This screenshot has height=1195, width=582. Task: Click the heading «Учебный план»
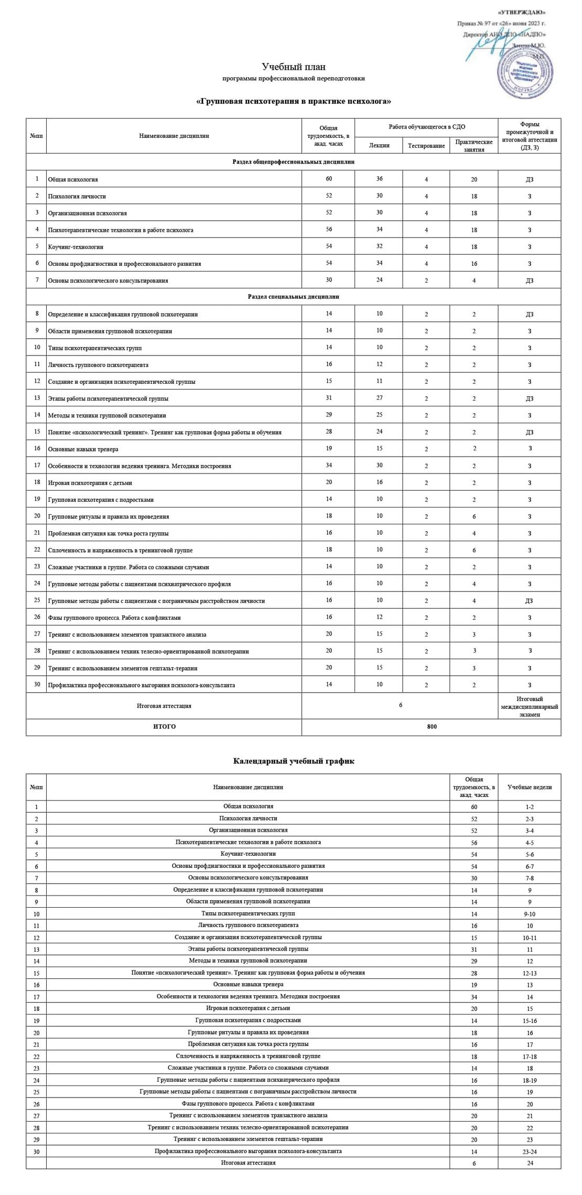tap(293, 67)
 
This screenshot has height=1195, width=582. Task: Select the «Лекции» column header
tap(379, 145)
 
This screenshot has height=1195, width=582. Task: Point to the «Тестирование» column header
tap(426, 146)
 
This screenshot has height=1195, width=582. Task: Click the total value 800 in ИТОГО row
tap(432, 727)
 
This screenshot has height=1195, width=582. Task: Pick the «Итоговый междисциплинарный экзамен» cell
tap(529, 706)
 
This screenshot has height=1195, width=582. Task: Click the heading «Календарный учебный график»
tap(293, 761)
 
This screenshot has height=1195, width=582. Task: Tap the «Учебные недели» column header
tap(530, 787)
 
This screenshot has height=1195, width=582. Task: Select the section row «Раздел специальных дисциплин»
tap(293, 297)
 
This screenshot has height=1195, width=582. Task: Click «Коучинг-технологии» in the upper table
tap(76, 247)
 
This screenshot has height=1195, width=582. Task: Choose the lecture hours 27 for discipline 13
tap(379, 398)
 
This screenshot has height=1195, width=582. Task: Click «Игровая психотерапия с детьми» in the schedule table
tap(248, 1008)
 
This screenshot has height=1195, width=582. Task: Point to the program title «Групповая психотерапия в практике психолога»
tap(293, 101)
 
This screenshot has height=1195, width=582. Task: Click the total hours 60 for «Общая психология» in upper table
tap(328, 179)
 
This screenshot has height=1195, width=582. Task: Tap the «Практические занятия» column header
tap(473, 146)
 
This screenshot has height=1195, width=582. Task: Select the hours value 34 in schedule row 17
tap(474, 996)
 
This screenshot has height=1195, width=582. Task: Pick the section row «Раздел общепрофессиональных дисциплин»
tap(293, 162)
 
